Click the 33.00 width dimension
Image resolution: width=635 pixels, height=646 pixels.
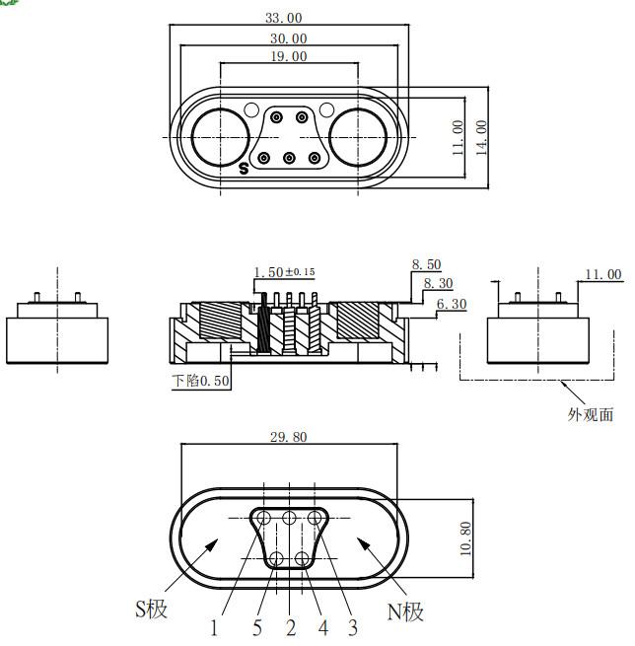tap(284, 18)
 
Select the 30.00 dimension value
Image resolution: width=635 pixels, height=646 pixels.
tap(289, 38)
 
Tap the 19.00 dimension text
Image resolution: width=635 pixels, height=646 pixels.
tap(289, 56)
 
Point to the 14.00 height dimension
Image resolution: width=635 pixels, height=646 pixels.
tap(481, 138)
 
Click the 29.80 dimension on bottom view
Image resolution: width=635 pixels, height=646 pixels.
tap(289, 437)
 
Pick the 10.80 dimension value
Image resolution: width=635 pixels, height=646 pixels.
tap(465, 538)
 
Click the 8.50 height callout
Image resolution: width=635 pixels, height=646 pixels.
tap(426, 264)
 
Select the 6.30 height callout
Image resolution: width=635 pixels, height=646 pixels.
tap(452, 304)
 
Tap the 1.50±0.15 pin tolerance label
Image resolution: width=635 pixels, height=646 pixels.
tap(284, 272)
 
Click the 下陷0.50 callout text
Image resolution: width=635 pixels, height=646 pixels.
tap(200, 381)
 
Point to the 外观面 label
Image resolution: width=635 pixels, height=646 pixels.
tap(591, 414)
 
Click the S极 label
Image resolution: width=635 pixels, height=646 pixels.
tap(151, 609)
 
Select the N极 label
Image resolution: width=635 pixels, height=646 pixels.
tap(405, 611)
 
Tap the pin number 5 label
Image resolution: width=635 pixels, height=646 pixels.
tap(257, 628)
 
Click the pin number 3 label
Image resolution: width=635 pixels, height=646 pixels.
tap(353, 627)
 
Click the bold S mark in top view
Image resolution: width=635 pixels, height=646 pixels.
tap(244, 168)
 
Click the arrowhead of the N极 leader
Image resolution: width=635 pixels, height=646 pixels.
tap(363, 543)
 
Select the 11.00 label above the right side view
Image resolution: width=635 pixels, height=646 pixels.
tap(603, 274)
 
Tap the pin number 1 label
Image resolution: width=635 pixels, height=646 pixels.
tap(214, 628)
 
